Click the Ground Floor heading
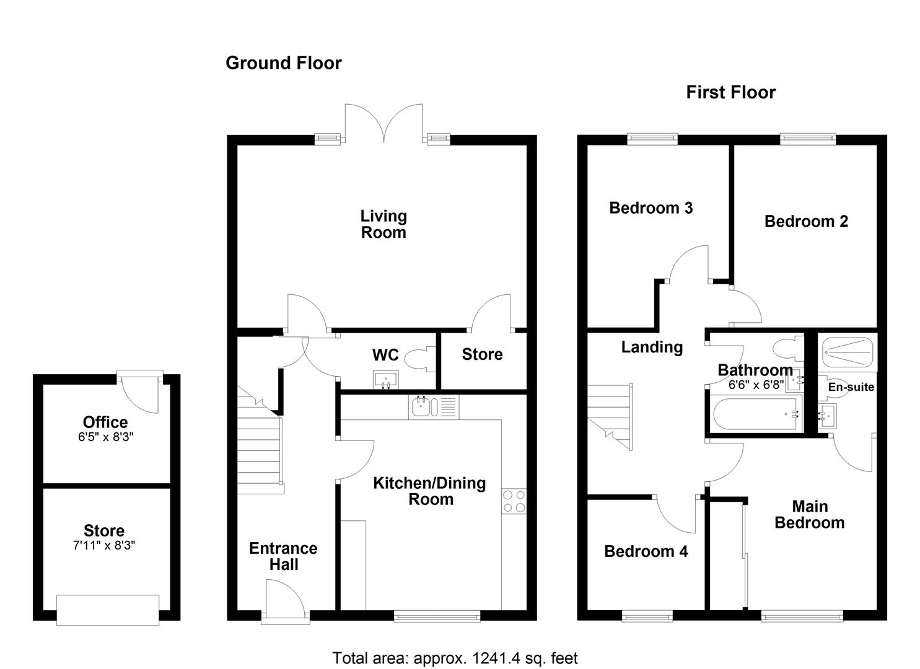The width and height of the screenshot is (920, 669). point(283,63)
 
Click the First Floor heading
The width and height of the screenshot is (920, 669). point(730,92)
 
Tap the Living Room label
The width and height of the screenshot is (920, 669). point(383,224)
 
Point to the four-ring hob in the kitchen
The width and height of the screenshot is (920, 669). point(514,501)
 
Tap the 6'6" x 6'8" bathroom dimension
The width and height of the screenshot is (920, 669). point(756,384)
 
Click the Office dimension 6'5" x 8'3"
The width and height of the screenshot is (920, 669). point(105,437)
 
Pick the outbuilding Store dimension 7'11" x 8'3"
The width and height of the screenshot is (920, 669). point(104,546)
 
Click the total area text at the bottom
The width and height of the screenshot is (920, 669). point(455,658)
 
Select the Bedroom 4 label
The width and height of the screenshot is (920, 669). point(646,551)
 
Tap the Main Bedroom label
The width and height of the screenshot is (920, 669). point(809,515)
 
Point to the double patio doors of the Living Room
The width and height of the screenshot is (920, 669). point(384,123)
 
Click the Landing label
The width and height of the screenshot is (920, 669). point(652,348)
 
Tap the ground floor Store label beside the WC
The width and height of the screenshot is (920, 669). point(482,354)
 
